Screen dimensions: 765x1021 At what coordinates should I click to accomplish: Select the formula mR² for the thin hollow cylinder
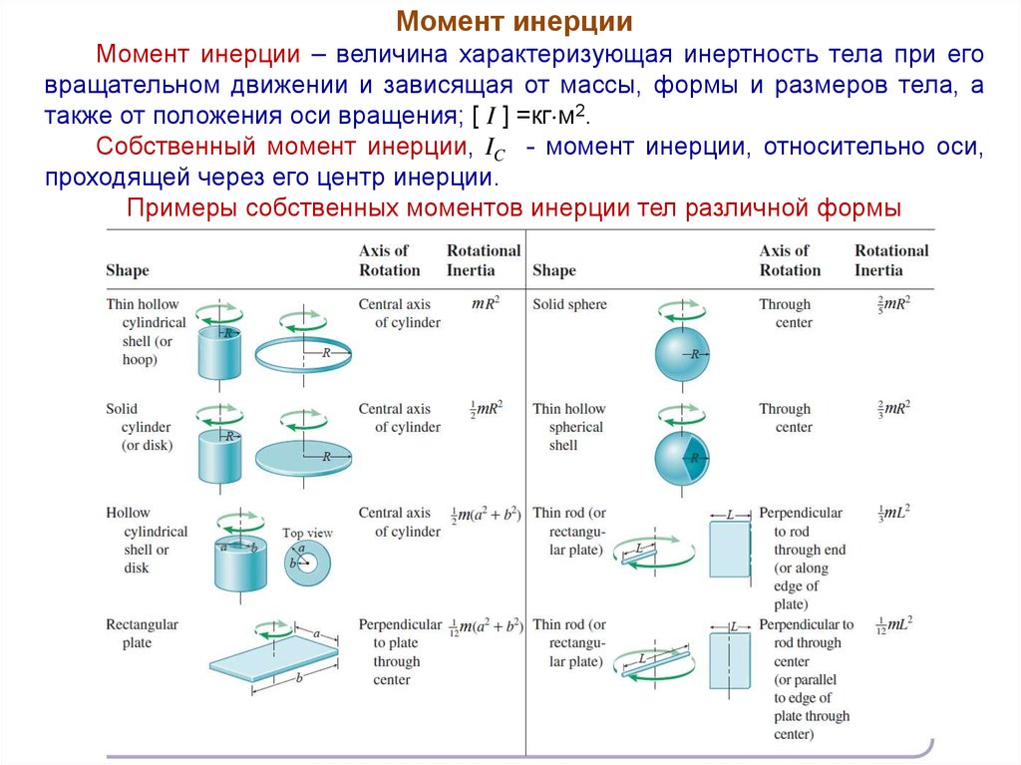485,303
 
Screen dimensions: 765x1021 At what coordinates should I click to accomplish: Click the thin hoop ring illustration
305,351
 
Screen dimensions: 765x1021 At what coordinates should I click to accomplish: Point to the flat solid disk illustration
305,456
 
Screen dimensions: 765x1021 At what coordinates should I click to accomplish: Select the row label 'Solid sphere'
569,304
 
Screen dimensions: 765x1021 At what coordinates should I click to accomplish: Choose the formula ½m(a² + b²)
486,514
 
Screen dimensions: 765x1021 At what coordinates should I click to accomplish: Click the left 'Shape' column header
128,270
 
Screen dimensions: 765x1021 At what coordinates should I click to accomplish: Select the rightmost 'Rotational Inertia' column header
890,260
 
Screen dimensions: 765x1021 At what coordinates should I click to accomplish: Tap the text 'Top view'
307,533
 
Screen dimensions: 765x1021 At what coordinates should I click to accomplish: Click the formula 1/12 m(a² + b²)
486,625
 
